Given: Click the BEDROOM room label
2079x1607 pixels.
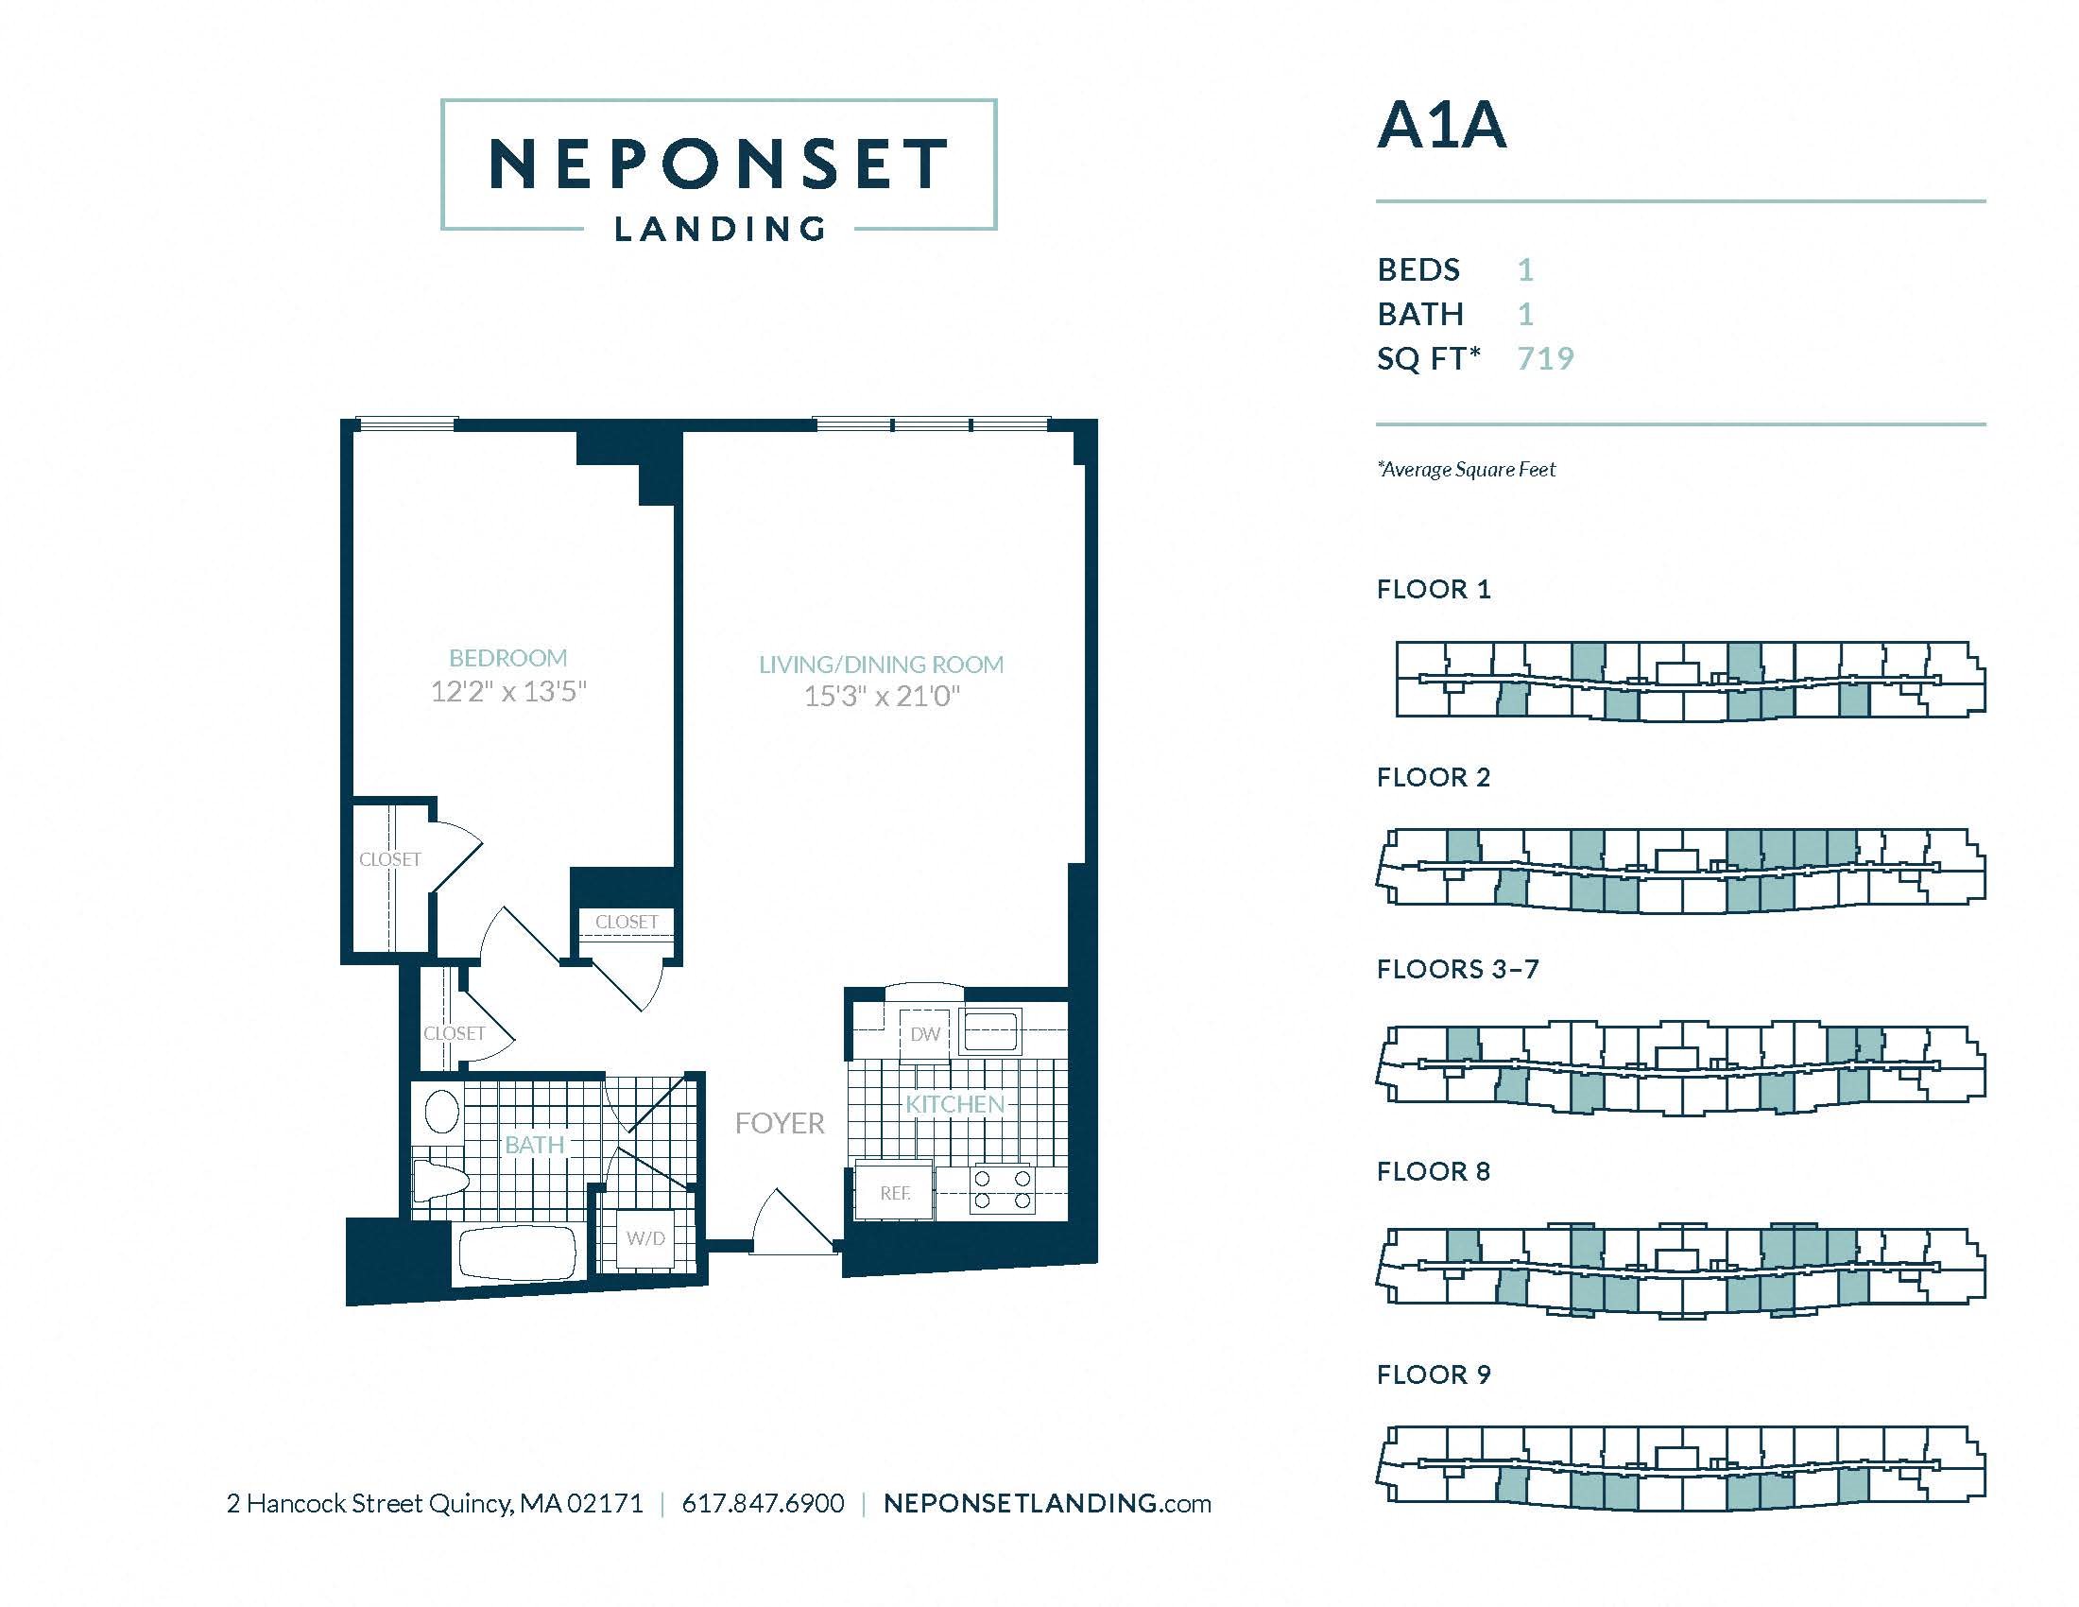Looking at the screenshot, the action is [x=507, y=658].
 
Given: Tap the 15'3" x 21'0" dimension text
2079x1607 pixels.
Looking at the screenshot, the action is [x=882, y=697].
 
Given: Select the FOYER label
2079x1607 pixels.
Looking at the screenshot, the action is [x=780, y=1123].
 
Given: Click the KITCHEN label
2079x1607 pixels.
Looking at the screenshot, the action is [x=954, y=1104].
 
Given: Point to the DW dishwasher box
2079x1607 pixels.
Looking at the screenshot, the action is [x=924, y=1034].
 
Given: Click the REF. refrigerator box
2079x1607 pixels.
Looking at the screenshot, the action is [x=894, y=1190].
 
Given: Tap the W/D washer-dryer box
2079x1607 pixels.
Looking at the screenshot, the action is [x=645, y=1238].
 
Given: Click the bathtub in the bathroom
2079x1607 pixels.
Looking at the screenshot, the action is [x=518, y=1253].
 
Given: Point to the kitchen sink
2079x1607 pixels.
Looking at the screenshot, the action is [x=990, y=1031].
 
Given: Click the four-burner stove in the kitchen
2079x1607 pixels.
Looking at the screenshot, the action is [x=1002, y=1190].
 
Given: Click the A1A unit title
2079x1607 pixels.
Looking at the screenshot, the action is [x=1441, y=126].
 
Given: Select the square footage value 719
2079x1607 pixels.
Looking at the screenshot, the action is [x=1546, y=358].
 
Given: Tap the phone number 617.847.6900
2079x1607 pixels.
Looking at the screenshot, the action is [x=764, y=1503].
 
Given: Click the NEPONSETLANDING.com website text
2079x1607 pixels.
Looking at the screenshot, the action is [x=1047, y=1503].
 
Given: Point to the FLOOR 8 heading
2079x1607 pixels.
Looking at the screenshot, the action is [x=1434, y=1171].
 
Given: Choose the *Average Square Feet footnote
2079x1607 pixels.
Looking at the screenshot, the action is [x=1466, y=470].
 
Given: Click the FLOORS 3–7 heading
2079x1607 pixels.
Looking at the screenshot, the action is [x=1457, y=969].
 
